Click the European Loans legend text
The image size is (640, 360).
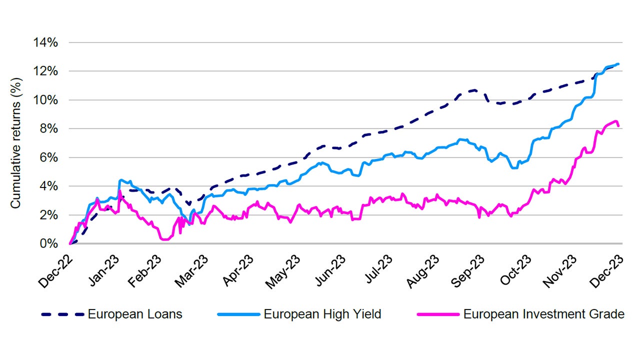coord(135,314)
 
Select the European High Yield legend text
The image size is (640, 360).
coord(322,314)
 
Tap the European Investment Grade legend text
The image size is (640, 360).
coord(544,314)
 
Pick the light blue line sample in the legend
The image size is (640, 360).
coord(238,314)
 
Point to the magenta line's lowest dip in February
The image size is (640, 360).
coord(165,239)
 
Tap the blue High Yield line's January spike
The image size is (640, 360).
coord(120,180)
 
